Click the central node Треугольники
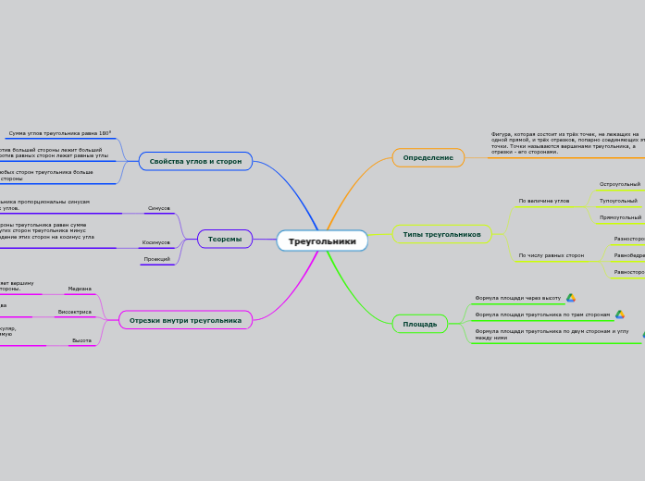tap(322, 240)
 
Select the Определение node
tap(428, 158)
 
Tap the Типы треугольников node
tap(441, 234)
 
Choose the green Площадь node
tap(420, 324)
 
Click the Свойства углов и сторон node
tap(195, 161)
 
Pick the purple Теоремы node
tap(225, 239)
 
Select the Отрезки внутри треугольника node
tap(185, 320)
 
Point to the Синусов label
tap(159, 208)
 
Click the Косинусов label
tap(155, 242)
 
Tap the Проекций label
tap(157, 259)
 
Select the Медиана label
tap(80, 289)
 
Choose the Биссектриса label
tap(74, 312)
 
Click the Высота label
tap(81, 340)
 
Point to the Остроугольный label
tap(620, 184)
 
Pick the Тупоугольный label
tap(618, 201)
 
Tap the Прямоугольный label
tap(620, 217)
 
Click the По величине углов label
tap(544, 201)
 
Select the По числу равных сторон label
tap(552, 255)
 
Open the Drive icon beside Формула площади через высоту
tap(571, 298)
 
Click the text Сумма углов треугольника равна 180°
tap(59, 133)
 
